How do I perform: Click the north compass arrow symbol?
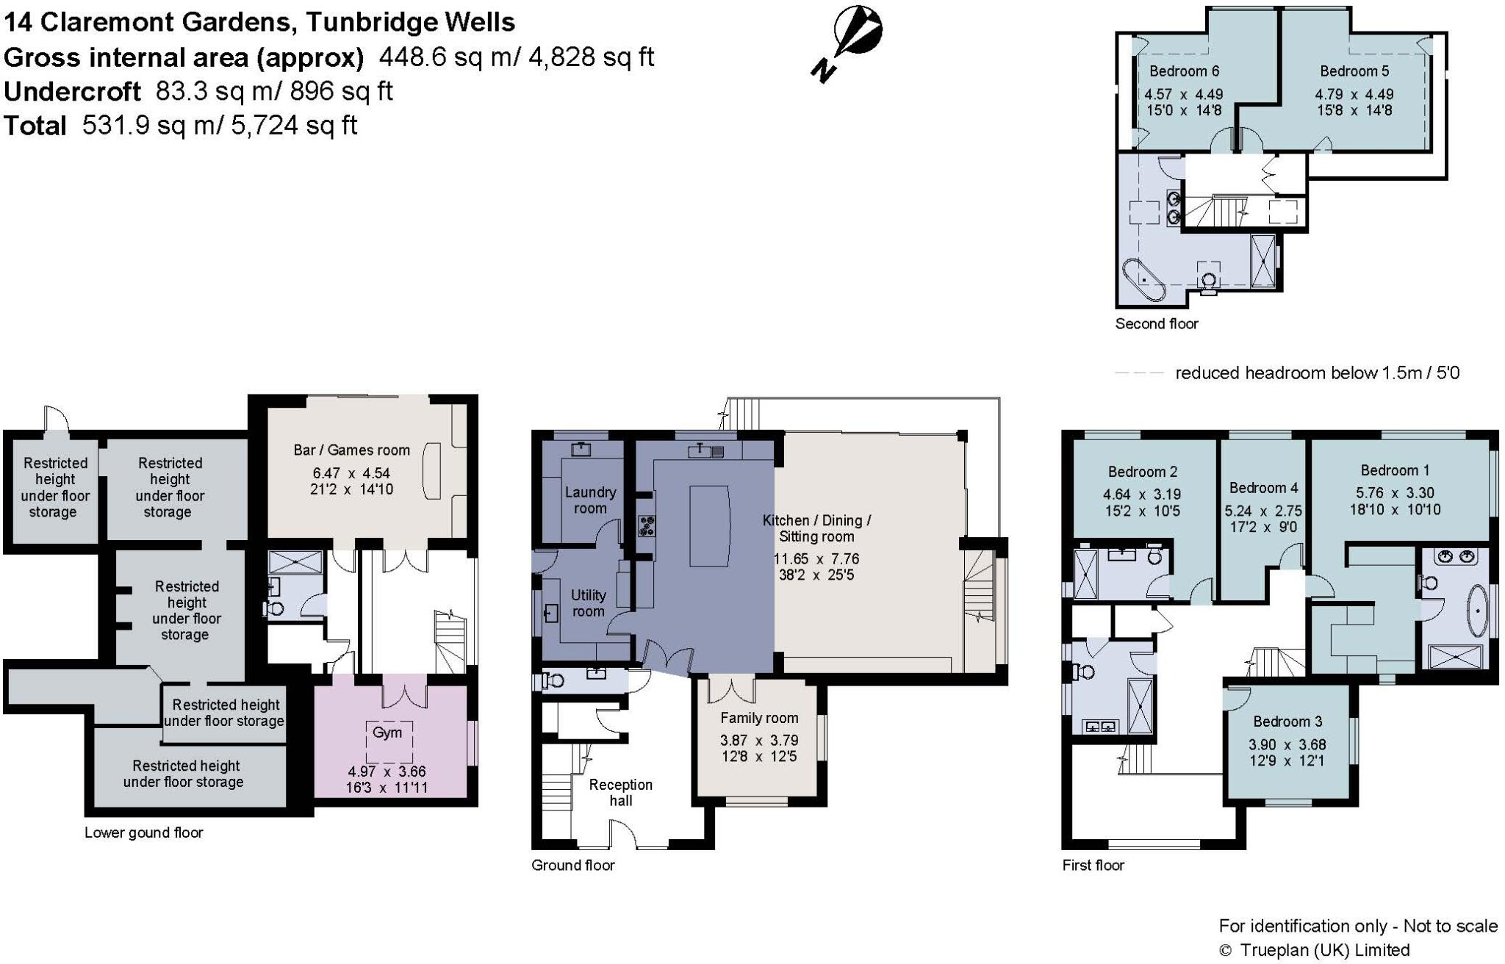click(852, 40)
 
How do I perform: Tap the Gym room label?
click(387, 733)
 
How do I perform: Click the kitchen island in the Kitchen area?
click(710, 525)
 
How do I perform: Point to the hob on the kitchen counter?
click(647, 525)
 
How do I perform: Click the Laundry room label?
click(590, 500)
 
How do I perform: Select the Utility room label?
click(588, 602)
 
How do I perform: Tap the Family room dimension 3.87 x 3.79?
click(759, 741)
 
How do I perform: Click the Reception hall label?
click(620, 792)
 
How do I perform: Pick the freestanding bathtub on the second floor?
click(1143, 280)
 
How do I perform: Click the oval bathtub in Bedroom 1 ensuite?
click(1476, 611)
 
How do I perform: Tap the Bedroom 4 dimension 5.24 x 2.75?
click(1263, 511)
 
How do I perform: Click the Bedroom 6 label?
click(1184, 71)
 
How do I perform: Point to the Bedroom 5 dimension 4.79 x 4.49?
click(1354, 94)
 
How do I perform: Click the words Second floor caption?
click(1156, 323)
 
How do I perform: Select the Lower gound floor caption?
click(143, 832)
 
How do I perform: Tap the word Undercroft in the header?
click(72, 91)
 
